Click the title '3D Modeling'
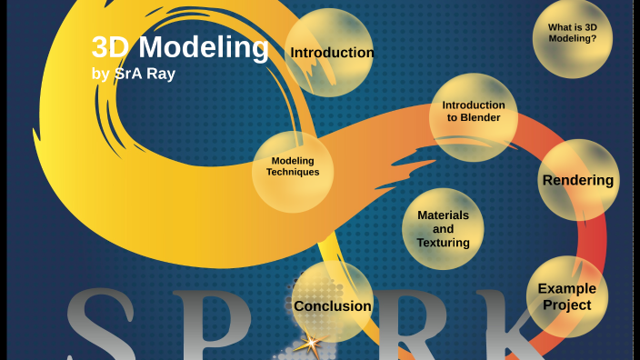180,47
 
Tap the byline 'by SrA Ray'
134,74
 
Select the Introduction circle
331,52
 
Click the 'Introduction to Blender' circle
473,112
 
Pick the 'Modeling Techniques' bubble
293,167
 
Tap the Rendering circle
578,180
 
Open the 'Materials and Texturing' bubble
443,229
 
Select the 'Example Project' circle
567,296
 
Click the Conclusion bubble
332,305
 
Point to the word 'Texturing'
443,243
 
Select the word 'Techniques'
293,172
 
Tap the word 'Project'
566,305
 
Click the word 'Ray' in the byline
160,74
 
